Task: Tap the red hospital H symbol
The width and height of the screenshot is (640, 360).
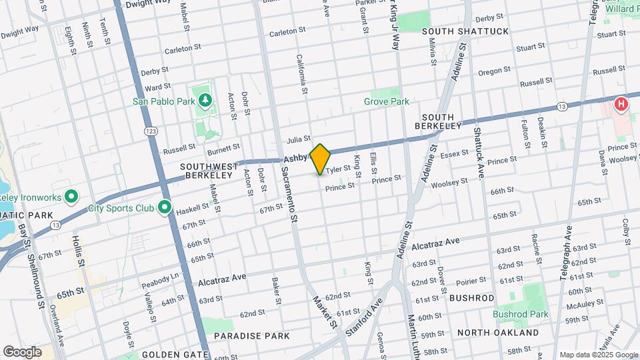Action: (621, 104)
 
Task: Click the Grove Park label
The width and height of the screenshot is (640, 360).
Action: (386, 101)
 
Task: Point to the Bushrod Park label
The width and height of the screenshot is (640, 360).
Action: (520, 314)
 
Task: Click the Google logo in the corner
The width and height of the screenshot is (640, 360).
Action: (22, 351)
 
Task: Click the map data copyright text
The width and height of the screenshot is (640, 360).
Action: (597, 355)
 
